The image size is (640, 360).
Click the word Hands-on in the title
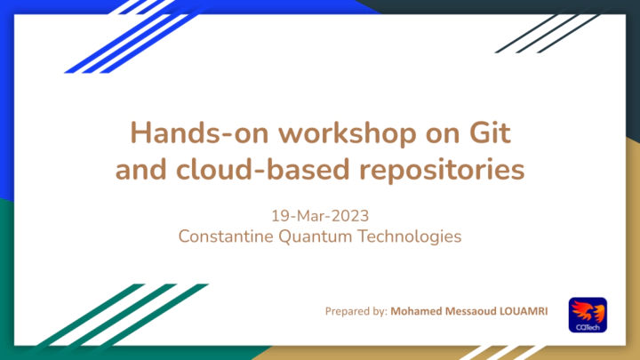tap(199, 133)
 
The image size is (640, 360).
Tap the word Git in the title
tap(490, 133)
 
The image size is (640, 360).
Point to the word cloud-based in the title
tap(263, 169)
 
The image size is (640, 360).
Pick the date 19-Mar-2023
tap(320, 216)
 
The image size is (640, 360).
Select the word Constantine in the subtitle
tap(226, 236)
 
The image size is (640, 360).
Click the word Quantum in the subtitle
tap(315, 237)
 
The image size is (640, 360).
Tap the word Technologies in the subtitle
tap(410, 237)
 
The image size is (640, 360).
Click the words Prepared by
tap(356, 311)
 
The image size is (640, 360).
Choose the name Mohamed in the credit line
tap(416, 311)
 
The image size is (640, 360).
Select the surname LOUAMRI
tap(524, 311)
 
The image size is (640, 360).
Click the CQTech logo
tap(588, 315)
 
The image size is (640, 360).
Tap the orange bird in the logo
tap(588, 311)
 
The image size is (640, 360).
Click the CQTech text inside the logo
tap(588, 327)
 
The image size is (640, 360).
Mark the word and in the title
tap(140, 169)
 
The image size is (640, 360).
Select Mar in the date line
tap(313, 216)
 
